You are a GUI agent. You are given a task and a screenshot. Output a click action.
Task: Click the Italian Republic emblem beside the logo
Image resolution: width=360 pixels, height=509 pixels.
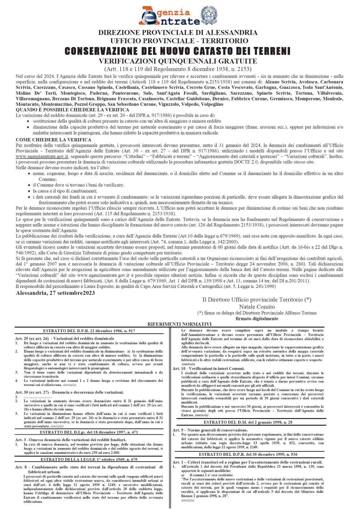click(x=209, y=15)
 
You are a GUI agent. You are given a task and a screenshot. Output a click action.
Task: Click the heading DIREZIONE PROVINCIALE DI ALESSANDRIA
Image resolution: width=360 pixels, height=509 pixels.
click(x=178, y=33)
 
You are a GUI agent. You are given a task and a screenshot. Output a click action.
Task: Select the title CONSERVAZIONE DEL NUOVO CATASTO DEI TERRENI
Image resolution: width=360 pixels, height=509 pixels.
click(x=177, y=51)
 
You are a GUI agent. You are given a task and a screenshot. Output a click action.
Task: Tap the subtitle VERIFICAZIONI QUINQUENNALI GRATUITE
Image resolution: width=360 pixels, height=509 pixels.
click(x=178, y=61)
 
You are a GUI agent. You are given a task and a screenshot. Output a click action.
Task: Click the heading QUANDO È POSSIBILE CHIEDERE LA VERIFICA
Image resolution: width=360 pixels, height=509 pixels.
click(x=72, y=110)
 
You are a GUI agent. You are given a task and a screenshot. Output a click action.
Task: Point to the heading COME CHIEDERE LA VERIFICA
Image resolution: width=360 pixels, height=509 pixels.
click(x=54, y=140)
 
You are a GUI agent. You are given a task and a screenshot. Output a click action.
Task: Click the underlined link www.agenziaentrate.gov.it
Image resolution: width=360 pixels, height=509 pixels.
click(x=42, y=157)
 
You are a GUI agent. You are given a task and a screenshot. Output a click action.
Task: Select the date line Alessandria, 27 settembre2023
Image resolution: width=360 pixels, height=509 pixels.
click(x=55, y=293)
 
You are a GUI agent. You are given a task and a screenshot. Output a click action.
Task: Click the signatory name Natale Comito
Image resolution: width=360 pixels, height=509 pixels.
click(x=257, y=307)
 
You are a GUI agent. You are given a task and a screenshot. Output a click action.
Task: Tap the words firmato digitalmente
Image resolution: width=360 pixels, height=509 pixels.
click(x=257, y=319)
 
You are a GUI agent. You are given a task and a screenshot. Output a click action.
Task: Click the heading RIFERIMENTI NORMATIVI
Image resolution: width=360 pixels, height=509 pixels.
click(x=180, y=324)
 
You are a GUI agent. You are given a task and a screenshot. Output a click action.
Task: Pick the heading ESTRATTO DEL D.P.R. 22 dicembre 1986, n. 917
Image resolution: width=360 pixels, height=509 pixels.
click(x=89, y=331)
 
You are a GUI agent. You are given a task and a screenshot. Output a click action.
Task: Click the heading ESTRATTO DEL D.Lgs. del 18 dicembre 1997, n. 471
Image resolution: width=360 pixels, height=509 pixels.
click(x=89, y=432)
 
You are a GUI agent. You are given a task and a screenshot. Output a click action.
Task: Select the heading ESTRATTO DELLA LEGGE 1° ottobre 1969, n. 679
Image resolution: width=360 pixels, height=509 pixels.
click(x=89, y=459)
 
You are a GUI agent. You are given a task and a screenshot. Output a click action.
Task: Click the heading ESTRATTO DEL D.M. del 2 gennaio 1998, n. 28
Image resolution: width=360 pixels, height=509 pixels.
click(x=248, y=422)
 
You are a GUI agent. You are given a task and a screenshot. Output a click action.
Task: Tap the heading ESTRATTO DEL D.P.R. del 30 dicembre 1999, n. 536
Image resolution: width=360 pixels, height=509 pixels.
click(x=248, y=454)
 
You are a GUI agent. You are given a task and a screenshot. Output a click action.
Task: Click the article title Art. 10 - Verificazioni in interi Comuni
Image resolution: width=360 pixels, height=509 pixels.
click(x=209, y=368)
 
